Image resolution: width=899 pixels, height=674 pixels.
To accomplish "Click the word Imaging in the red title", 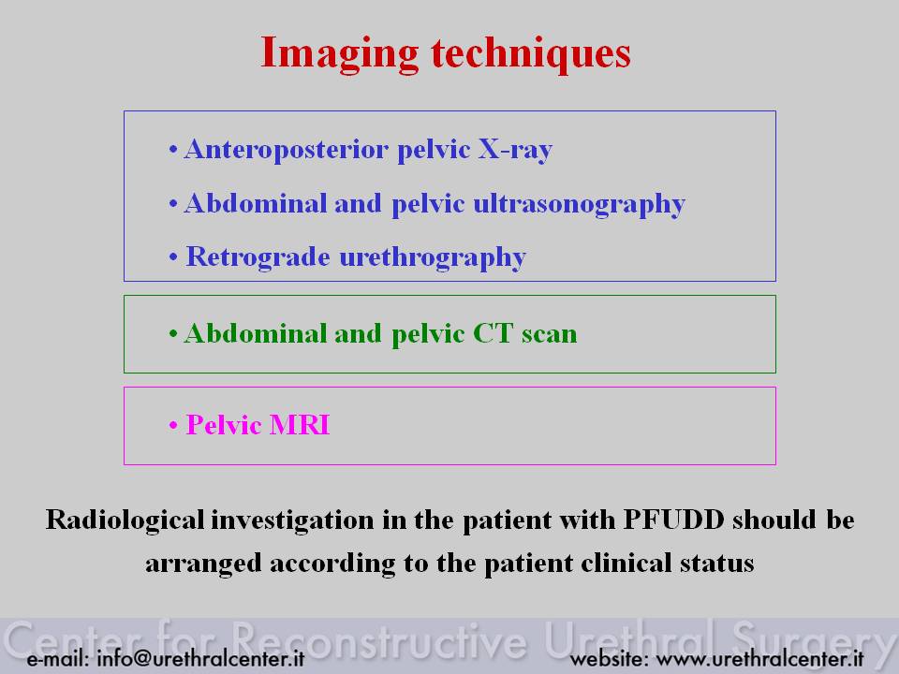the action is (x=339, y=54).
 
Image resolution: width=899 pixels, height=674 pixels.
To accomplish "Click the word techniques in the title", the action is (x=531, y=54).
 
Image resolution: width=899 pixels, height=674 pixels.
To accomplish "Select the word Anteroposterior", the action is (x=287, y=150).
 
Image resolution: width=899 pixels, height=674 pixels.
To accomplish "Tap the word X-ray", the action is (x=515, y=150).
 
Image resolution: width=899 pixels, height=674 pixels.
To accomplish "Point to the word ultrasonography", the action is (x=579, y=205).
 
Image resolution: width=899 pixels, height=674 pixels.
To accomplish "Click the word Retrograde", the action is (x=258, y=257).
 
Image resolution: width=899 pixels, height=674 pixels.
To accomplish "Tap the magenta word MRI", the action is (x=300, y=425).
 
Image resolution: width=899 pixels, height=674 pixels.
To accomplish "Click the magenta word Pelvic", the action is (x=224, y=425).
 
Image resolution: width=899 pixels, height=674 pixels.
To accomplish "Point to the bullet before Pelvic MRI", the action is (x=173, y=426).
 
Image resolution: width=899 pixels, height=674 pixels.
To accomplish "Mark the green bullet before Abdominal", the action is (x=173, y=334).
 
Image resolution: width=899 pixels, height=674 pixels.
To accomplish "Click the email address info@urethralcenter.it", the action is (x=200, y=659).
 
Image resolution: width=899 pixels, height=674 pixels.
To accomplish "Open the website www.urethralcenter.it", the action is (x=759, y=659).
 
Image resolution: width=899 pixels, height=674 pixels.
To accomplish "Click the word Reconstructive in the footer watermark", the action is (x=379, y=640).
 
